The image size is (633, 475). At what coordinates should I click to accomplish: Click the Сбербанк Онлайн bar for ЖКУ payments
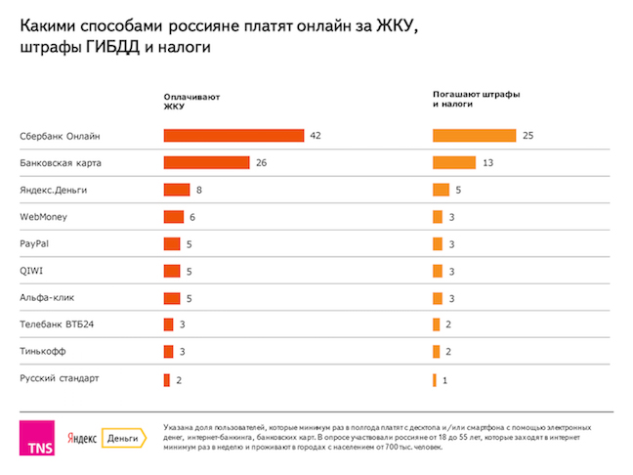pos(232,135)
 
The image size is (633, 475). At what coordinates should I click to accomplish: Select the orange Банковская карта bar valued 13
pos(454,162)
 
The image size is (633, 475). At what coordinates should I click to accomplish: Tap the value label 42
pos(316,135)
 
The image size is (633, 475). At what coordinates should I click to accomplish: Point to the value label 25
pos(527,135)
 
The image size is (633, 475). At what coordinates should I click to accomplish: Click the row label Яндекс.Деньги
pos(56,190)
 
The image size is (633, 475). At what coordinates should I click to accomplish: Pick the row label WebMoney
pos(44,216)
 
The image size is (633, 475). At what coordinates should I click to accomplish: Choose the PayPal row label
pos(35,243)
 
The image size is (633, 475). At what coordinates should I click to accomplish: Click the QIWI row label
pos(32,270)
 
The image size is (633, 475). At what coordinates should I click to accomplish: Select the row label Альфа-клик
pos(47,297)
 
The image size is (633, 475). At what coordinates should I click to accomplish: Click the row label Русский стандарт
pos(61,377)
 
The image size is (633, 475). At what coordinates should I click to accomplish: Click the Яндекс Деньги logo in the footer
pos(102,440)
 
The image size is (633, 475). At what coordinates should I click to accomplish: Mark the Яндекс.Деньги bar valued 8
pos(177,190)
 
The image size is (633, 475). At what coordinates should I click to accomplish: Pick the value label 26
pos(262,162)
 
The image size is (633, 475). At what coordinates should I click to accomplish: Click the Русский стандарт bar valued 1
pos(435,378)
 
